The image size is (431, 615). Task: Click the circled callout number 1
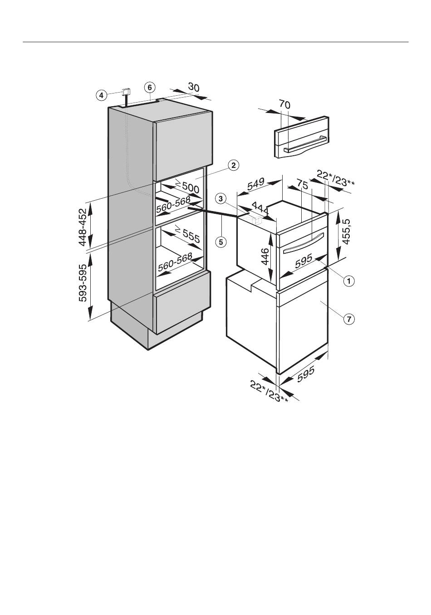click(x=349, y=281)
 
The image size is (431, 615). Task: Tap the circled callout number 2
click(x=233, y=165)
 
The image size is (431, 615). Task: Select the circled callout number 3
click(x=220, y=198)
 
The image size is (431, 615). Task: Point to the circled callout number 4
click(x=101, y=96)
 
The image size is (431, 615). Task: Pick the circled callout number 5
click(x=221, y=242)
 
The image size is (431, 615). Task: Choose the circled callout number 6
click(x=150, y=88)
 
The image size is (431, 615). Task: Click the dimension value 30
click(x=194, y=87)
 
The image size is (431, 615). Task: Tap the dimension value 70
click(x=285, y=104)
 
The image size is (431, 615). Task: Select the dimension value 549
click(x=255, y=184)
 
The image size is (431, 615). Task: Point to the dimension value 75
click(x=302, y=184)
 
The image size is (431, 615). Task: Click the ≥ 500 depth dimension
click(x=187, y=186)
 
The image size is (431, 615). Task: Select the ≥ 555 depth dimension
click(x=187, y=235)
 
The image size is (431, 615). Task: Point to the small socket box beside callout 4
click(x=126, y=91)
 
